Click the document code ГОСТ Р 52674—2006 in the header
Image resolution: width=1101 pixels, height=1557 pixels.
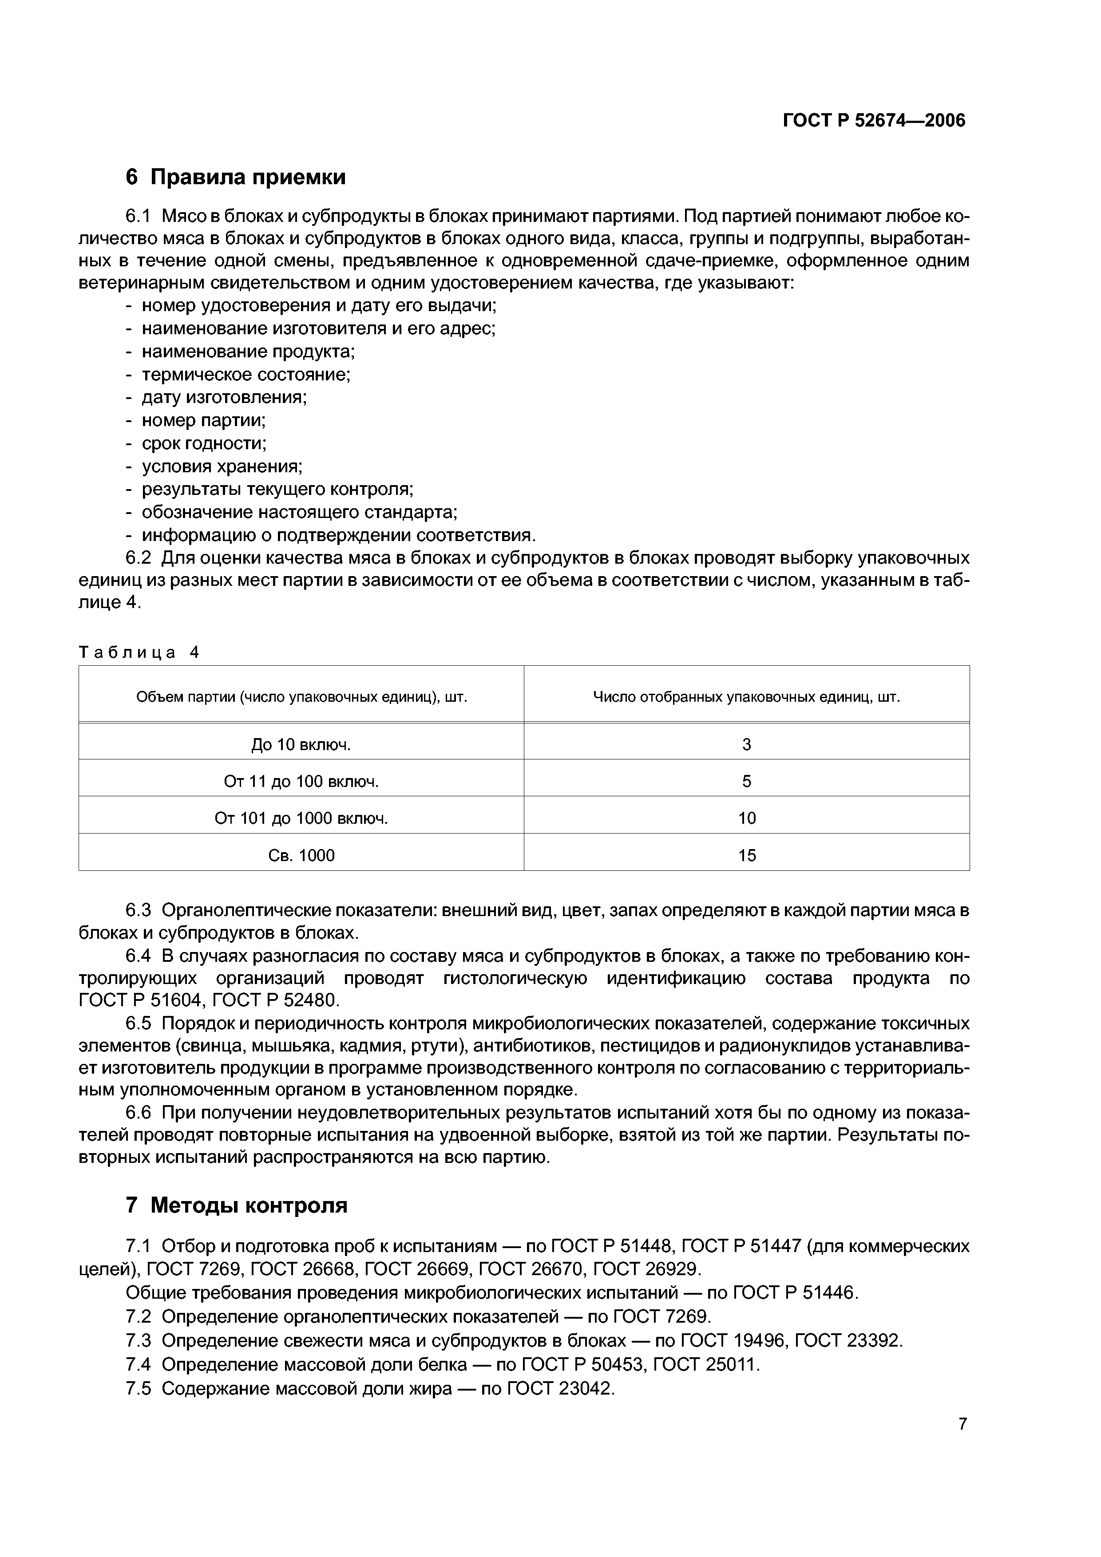coord(874,120)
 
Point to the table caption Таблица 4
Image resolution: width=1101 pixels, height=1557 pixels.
coord(139,652)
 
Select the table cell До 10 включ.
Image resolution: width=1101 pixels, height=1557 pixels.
coord(301,745)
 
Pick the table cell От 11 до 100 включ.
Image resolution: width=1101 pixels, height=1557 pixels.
coord(301,781)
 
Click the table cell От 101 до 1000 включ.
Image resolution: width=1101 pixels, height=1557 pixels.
coord(301,818)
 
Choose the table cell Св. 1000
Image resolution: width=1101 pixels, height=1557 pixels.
coord(301,855)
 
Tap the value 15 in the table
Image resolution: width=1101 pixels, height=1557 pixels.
coord(747,855)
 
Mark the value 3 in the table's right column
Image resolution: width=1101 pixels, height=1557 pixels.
coord(747,745)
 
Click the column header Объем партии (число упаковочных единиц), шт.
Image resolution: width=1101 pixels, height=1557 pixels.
coord(301,697)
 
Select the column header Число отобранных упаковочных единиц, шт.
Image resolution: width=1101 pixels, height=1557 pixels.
coord(747,697)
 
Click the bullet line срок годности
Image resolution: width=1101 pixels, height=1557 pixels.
coord(203,443)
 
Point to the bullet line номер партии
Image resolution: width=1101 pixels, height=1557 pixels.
coord(203,420)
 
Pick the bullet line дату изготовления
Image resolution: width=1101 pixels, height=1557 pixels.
coord(224,397)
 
